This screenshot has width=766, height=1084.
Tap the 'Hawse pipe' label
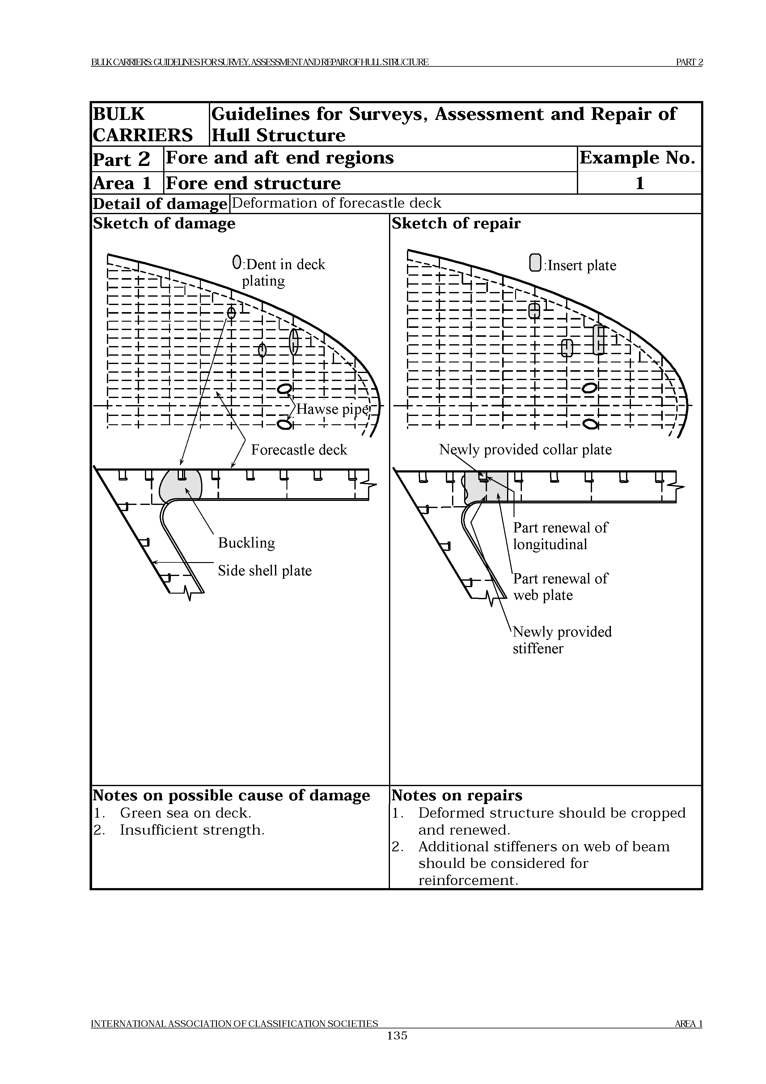click(x=332, y=409)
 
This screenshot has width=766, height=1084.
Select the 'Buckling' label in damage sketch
click(x=246, y=543)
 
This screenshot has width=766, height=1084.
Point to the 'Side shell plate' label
click(x=265, y=571)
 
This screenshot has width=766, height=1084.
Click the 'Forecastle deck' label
click(x=299, y=450)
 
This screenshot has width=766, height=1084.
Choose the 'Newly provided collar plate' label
click(x=525, y=450)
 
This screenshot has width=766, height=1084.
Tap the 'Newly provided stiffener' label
click(x=562, y=640)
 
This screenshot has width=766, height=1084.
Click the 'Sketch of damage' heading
click(x=164, y=223)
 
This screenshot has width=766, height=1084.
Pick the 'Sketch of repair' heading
click(x=456, y=223)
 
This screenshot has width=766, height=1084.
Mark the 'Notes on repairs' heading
click(x=457, y=795)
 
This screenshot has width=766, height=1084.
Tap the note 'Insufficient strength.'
click(x=192, y=830)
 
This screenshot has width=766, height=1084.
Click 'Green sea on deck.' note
click(x=185, y=813)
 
